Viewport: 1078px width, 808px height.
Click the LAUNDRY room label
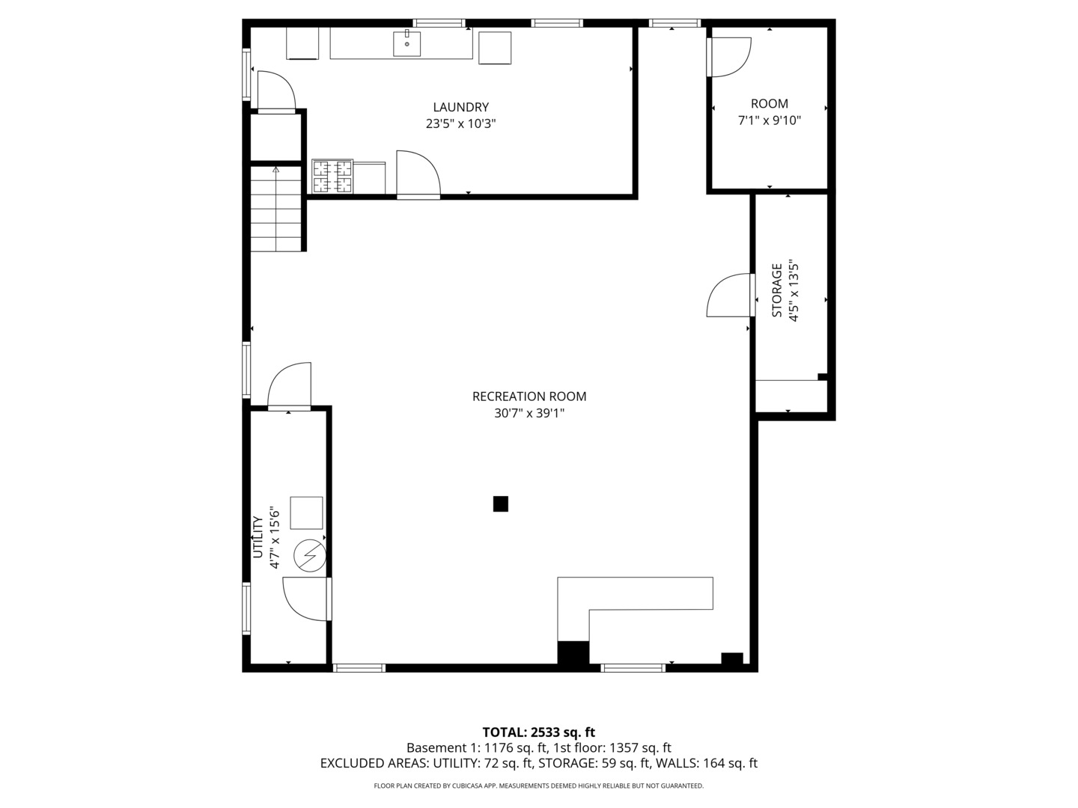click(x=460, y=107)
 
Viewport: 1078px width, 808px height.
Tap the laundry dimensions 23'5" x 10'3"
click(x=460, y=123)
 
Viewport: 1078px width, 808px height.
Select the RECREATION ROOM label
click(x=529, y=397)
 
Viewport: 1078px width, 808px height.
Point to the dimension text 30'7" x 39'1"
click(x=529, y=413)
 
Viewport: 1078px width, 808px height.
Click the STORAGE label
click(x=777, y=290)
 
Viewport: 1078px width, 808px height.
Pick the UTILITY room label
click(x=258, y=537)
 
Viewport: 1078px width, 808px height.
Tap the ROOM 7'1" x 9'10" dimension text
click(x=770, y=120)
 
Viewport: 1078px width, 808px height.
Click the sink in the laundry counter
click(x=406, y=43)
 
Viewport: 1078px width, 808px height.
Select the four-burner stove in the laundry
click(x=332, y=176)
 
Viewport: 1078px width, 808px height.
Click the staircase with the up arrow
click(x=276, y=209)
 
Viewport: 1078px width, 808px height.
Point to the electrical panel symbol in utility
click(x=309, y=555)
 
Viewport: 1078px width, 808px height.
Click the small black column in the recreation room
click(x=501, y=504)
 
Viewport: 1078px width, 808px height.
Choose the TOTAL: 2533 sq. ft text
click(x=538, y=732)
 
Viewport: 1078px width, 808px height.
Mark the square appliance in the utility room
click(x=306, y=513)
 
